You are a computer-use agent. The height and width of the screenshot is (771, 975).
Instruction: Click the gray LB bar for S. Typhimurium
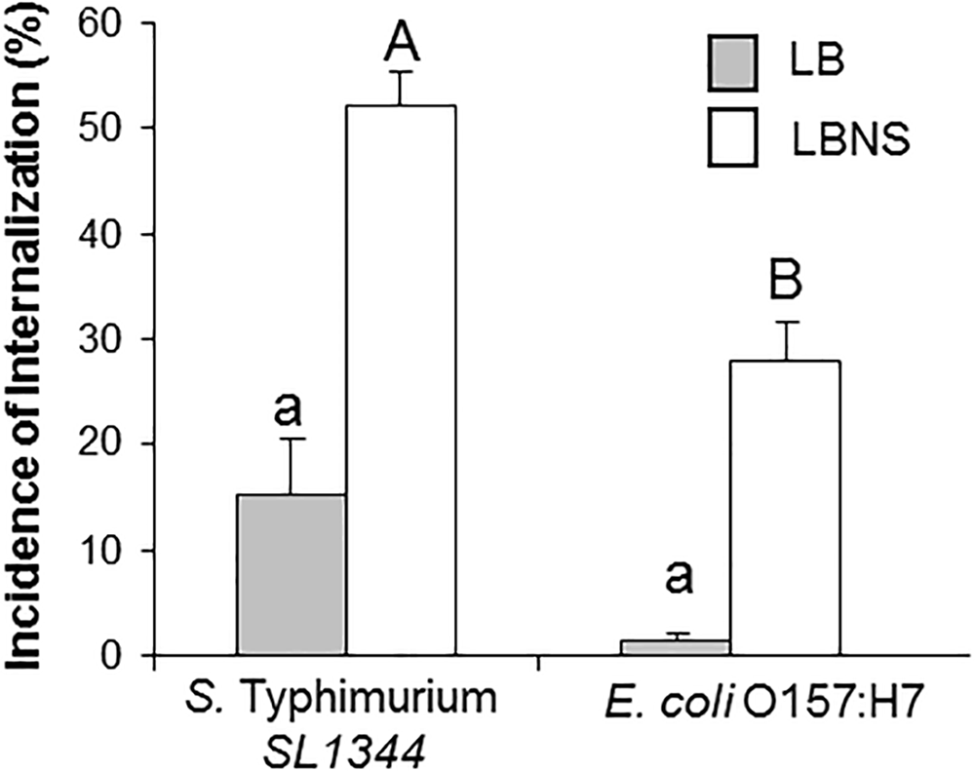pyautogui.click(x=292, y=575)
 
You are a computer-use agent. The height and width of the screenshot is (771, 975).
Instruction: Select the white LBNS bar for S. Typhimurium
pyautogui.click(x=401, y=380)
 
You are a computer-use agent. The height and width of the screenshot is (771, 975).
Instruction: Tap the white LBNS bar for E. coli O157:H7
pyautogui.click(x=786, y=507)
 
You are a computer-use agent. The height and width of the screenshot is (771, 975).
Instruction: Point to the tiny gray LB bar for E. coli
pyautogui.click(x=677, y=647)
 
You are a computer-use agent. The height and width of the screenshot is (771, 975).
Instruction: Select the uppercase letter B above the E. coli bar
pyautogui.click(x=786, y=285)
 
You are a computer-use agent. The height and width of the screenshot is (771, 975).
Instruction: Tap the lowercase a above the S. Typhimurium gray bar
pyautogui.click(x=290, y=409)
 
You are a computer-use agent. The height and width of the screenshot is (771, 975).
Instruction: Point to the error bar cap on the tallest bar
pyautogui.click(x=401, y=72)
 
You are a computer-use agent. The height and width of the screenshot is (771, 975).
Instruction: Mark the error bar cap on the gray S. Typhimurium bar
pyautogui.click(x=292, y=440)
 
